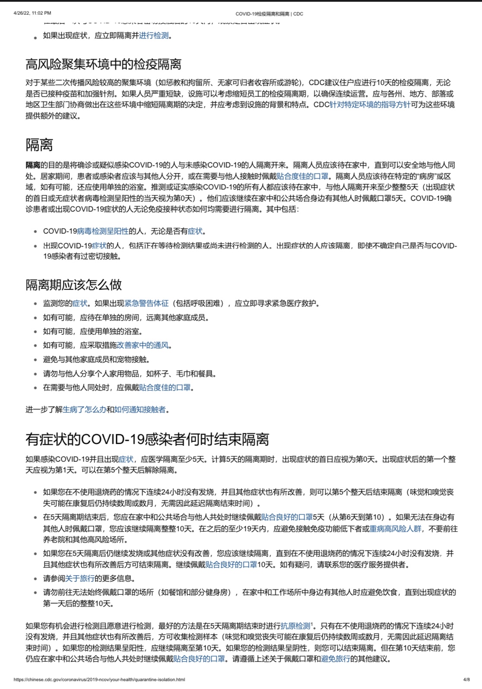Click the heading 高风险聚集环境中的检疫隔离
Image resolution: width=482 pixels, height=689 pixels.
pos(103,64)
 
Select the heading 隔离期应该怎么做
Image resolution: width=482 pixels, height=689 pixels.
pos(73,285)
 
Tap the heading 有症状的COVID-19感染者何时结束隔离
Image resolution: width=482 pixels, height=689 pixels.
pos(147,439)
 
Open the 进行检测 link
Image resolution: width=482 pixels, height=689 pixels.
pos(154,36)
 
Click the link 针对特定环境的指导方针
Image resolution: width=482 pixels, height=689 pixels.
pos(370,105)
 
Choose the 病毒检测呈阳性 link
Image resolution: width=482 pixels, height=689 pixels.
pos(103,231)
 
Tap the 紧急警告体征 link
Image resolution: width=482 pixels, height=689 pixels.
pos(146,303)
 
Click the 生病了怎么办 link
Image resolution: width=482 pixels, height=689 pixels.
pos(84,410)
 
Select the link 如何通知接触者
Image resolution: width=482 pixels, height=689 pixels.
pos(140,410)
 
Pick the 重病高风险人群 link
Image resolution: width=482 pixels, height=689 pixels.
pos(395,528)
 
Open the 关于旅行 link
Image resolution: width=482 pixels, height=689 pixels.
pos(79,578)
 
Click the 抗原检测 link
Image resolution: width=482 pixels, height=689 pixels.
pos(295,626)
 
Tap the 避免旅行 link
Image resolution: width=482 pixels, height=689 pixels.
pos(336,659)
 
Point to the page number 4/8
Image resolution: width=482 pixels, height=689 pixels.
pos(466,679)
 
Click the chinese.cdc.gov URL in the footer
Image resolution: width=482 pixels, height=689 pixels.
pos(99,679)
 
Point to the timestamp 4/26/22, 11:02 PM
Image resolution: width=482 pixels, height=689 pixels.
pos(32,13)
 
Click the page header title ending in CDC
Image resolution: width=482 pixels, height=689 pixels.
pos(269,14)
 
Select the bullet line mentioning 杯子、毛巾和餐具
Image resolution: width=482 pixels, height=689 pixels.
pos(130,374)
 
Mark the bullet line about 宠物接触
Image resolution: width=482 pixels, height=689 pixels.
pos(96,359)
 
